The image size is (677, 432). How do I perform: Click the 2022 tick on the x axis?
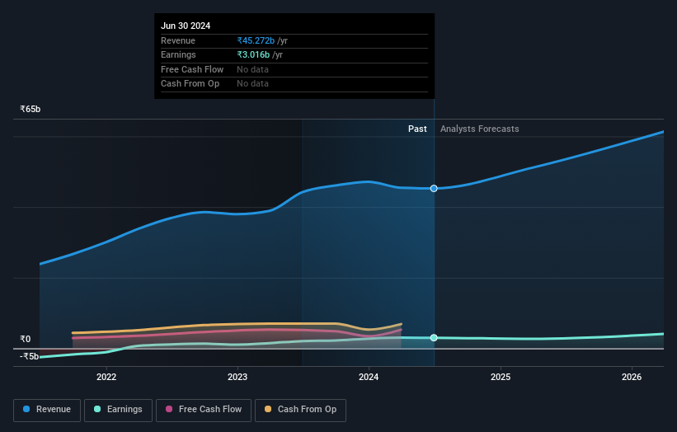pos(106,378)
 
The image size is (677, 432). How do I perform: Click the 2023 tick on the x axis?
pos(237,378)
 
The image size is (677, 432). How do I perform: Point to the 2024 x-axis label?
pos(369,378)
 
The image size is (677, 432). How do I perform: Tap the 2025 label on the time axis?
pos(501,378)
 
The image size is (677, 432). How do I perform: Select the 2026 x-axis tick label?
pos(632,378)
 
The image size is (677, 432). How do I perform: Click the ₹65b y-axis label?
pos(31,109)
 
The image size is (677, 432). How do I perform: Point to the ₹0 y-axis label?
pos(26,339)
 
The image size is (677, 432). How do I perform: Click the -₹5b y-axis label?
pos(30,356)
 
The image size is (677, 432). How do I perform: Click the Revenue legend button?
pos(47,410)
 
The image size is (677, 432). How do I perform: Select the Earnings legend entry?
pos(118,410)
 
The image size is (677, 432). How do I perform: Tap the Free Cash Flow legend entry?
pos(204,410)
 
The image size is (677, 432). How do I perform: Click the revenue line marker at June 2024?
pos(434,189)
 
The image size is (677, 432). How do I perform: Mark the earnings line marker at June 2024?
pos(434,338)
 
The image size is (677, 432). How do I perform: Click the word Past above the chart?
pos(417,129)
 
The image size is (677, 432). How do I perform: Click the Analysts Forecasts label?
pos(480,129)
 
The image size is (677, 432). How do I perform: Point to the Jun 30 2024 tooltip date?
pos(186,26)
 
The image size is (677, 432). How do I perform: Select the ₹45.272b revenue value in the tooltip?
pos(255,40)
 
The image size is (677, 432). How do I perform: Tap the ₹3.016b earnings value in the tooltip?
pos(255,55)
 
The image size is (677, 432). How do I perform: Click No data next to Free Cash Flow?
pos(252,70)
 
